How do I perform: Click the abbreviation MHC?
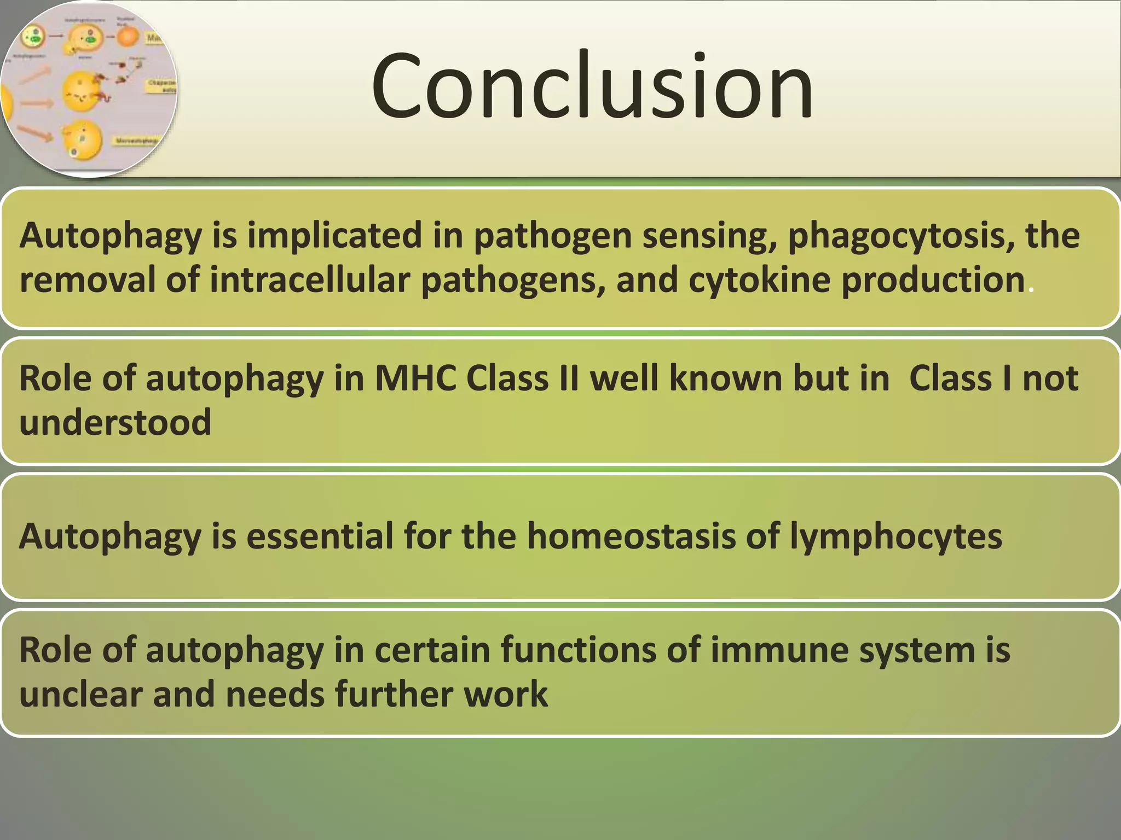point(415,378)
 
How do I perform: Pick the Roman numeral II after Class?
point(569,378)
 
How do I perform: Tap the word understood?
point(115,423)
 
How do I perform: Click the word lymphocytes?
point(895,536)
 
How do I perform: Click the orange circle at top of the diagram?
point(128,37)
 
